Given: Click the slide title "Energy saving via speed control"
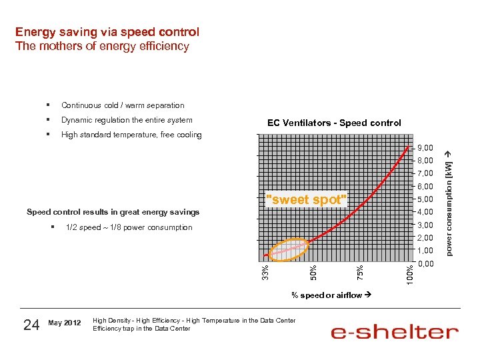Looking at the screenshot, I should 107,32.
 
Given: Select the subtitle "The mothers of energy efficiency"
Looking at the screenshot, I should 102,47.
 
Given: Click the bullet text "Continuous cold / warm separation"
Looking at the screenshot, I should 123,105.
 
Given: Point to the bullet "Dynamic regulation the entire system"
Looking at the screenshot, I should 127,120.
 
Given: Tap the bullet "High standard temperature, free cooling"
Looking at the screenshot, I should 131,135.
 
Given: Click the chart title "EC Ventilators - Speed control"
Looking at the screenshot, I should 334,123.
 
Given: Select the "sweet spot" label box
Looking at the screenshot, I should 307,199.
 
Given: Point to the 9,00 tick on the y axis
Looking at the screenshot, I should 425,147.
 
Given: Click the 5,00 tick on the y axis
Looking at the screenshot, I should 425,199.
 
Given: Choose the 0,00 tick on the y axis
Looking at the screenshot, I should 425,264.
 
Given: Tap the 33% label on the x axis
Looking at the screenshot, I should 265,272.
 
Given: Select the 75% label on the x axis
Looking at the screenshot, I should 360,272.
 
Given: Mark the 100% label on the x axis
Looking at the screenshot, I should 410,275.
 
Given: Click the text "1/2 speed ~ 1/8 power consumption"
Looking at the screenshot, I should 129,228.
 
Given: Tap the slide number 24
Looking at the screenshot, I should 31,325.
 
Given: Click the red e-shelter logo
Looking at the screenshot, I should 395,332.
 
